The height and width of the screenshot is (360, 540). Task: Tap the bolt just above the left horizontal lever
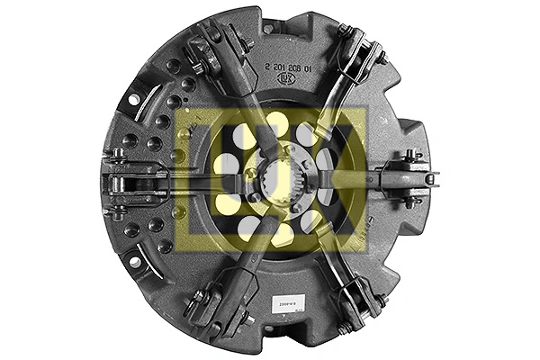point(117,153)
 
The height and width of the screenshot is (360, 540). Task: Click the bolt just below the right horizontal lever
point(409,202)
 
